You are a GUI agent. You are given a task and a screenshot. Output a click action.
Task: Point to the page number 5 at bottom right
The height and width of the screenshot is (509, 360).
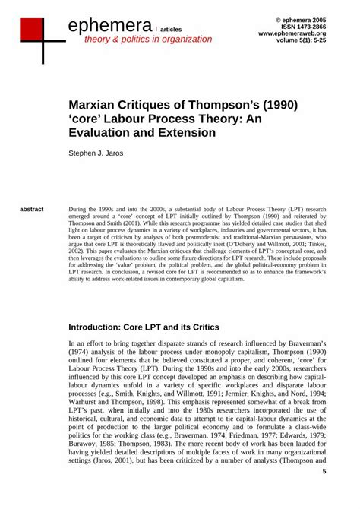coord(324,493)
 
